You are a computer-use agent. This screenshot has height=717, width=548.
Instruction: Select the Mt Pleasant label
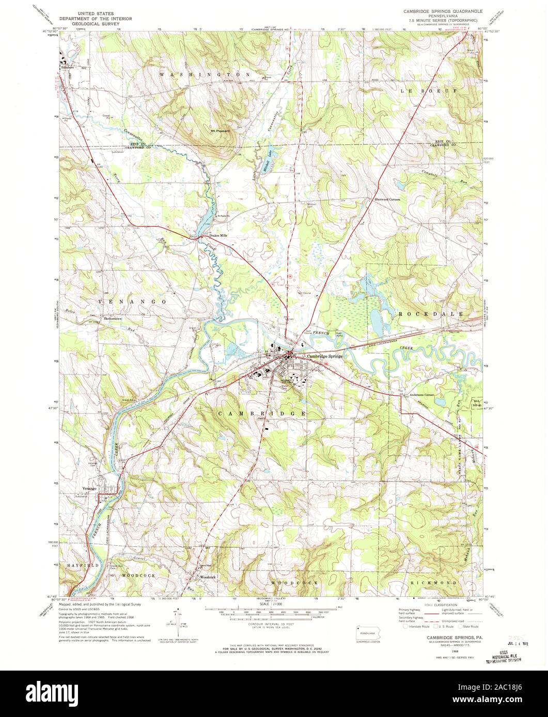point(220,131)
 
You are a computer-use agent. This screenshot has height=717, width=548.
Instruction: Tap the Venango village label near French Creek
point(90,488)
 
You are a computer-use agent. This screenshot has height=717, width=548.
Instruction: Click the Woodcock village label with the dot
point(208,576)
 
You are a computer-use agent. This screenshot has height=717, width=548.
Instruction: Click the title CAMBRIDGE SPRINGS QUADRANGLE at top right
point(443,10)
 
